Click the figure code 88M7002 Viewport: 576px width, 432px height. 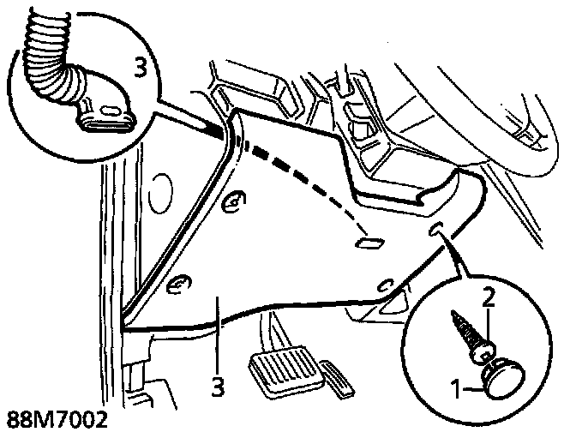tap(53, 420)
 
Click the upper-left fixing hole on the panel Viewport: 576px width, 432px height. tap(230, 204)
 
